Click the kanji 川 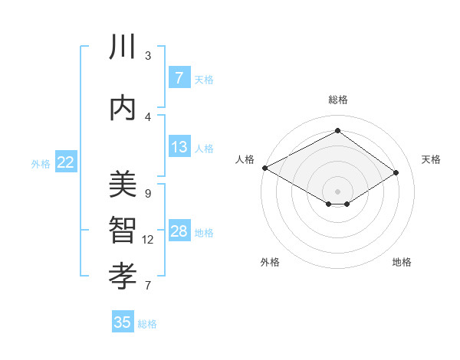click(123, 47)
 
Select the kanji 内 click(123, 107)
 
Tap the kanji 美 click(123, 185)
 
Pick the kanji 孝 click(123, 273)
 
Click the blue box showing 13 click(179, 147)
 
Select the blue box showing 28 click(179, 232)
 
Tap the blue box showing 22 click(66, 162)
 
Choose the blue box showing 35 click(123, 322)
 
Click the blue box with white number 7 click(179, 78)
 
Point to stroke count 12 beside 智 click(148, 240)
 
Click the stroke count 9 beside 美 click(148, 193)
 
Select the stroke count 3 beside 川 click(148, 55)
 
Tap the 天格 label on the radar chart click(431, 159)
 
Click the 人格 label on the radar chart click(245, 159)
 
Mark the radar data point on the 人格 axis click(264, 168)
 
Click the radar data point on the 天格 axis click(396, 173)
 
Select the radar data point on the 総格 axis click(337, 131)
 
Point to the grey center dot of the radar click(337, 191)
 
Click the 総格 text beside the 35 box click(147, 324)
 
